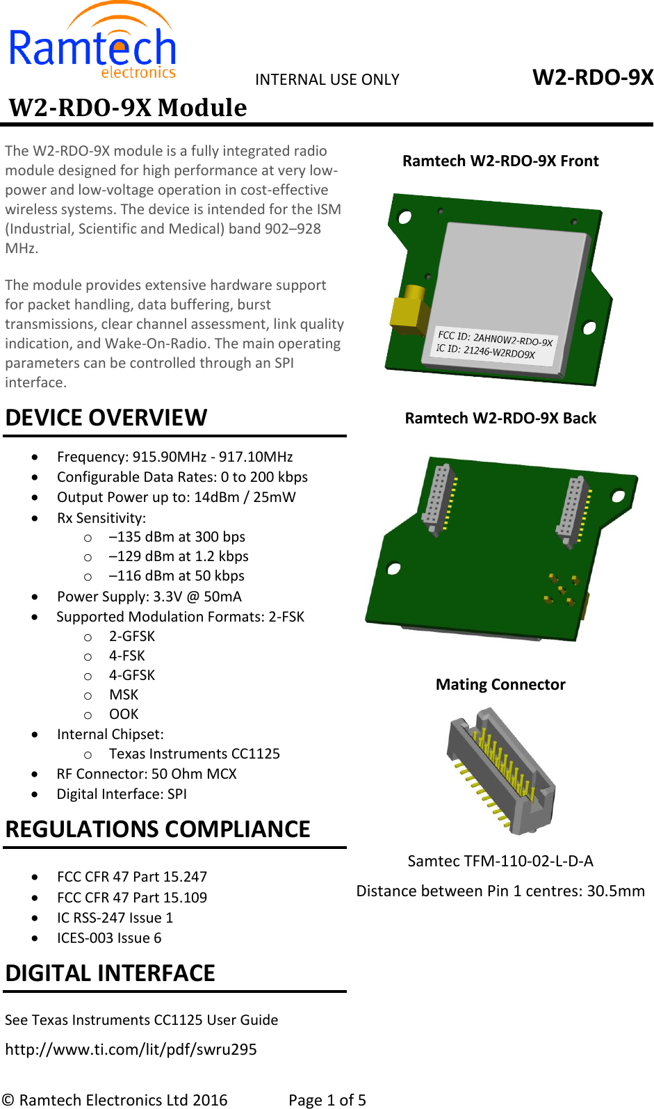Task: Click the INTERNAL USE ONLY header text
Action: click(x=327, y=79)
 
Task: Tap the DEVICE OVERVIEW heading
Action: click(x=106, y=417)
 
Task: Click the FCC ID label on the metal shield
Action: click(x=494, y=343)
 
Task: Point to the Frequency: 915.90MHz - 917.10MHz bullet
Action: click(x=174, y=457)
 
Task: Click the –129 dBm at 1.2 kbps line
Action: click(x=179, y=556)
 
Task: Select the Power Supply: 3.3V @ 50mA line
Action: click(x=149, y=597)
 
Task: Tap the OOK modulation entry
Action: click(x=124, y=714)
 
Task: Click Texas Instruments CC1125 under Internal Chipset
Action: click(x=194, y=754)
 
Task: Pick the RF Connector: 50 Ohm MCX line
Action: click(x=147, y=774)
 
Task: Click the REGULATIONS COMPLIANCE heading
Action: click(x=158, y=829)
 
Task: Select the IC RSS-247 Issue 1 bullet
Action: click(x=115, y=918)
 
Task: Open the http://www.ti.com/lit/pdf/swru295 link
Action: click(x=131, y=1049)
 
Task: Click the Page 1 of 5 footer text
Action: click(x=327, y=1099)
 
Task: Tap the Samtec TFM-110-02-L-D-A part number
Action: click(x=500, y=861)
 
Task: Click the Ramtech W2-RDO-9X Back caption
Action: click(x=500, y=418)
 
